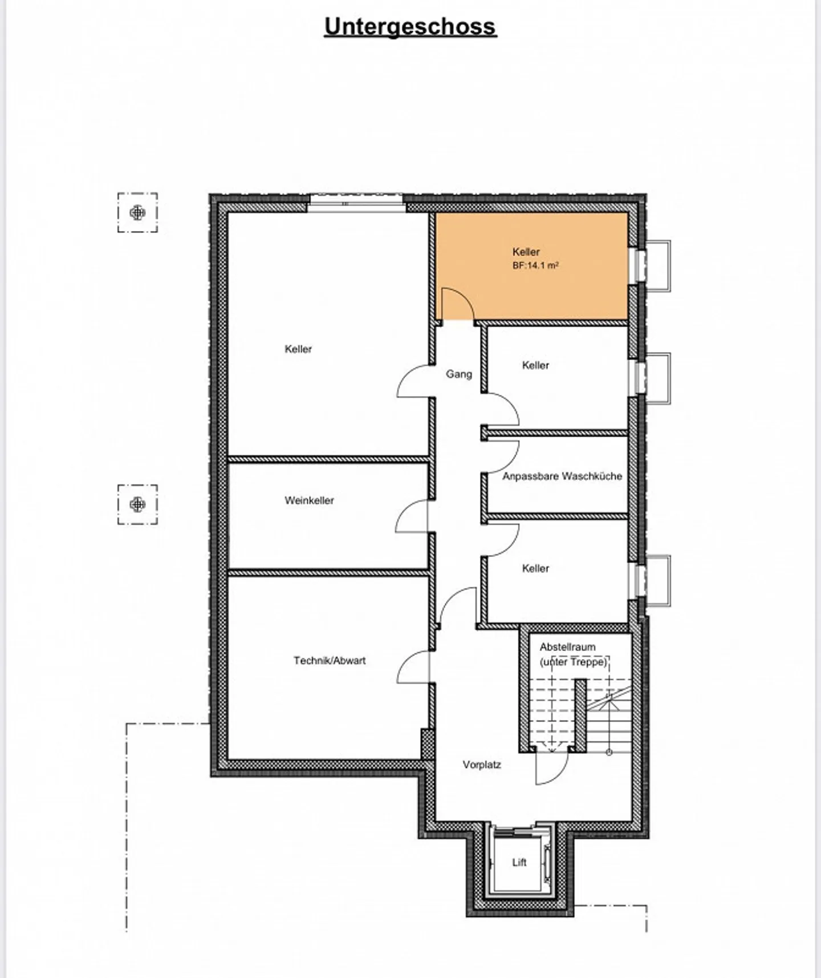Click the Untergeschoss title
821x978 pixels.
click(410, 27)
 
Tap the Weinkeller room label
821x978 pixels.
click(309, 500)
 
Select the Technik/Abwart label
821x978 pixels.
click(330, 661)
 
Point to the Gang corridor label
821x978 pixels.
click(459, 374)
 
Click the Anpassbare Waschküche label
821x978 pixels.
click(562, 476)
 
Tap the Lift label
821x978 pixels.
click(519, 862)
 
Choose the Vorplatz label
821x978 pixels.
click(482, 765)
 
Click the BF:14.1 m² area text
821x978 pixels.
click(535, 265)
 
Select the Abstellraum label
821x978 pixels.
click(567, 647)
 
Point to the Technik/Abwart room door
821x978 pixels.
click(413, 666)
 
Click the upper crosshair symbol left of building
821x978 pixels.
click(137, 213)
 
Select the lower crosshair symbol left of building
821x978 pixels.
click(137, 504)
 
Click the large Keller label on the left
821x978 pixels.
click(298, 349)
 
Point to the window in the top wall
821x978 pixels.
click(356, 203)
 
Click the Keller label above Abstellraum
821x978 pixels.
click(535, 568)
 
